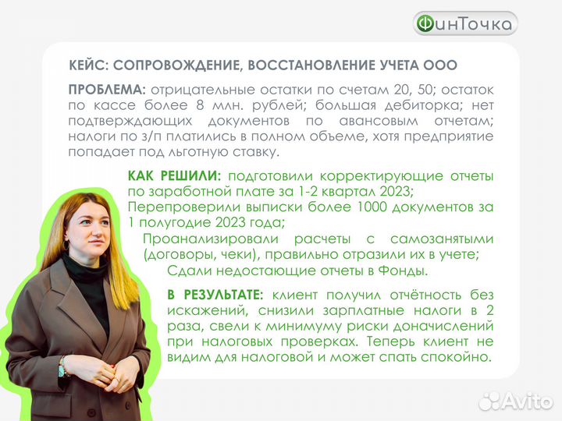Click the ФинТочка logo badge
[465, 24]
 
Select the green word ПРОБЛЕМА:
[108, 90]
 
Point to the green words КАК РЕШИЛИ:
[175, 176]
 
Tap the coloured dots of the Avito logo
[490, 401]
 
